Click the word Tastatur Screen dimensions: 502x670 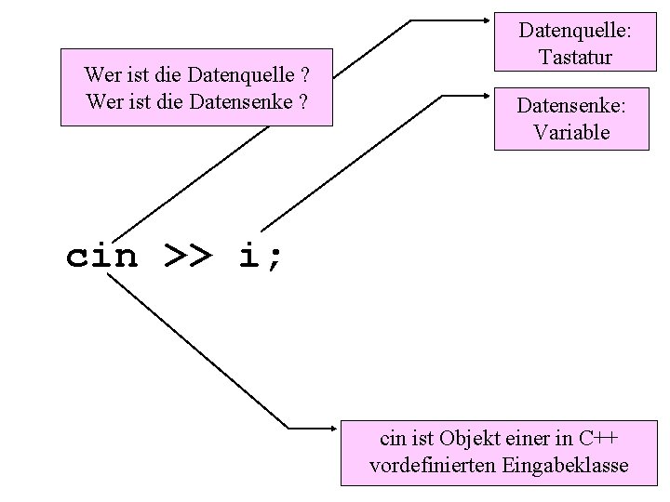pyautogui.click(x=574, y=58)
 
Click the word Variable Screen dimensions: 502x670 pyautogui.click(x=572, y=132)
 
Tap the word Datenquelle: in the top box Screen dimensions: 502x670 pyautogui.click(x=574, y=33)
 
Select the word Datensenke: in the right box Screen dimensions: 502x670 pyautogui.click(x=572, y=107)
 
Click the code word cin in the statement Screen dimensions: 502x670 pyautogui.click(x=101, y=257)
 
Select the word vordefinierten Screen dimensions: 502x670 pyautogui.click(x=433, y=466)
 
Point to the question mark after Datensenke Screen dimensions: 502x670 pyautogui.click(x=303, y=98)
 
